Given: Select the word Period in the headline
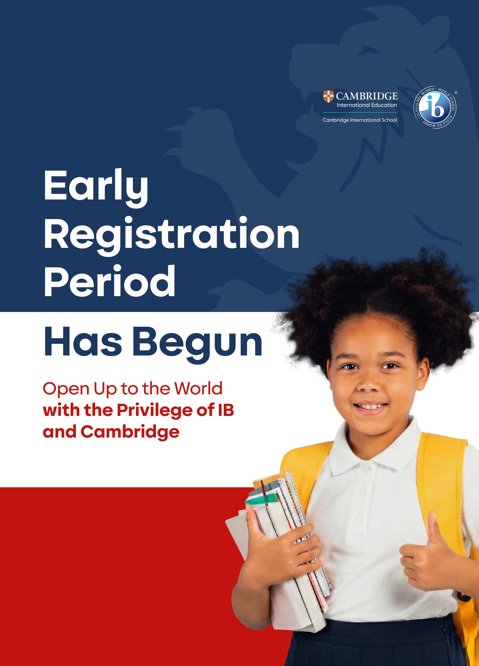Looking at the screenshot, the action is (109, 281).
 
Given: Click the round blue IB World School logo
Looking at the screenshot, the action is (435, 108).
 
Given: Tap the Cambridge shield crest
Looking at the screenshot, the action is (329, 97).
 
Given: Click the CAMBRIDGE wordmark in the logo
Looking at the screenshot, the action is (367, 96).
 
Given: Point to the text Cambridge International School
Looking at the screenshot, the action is (360, 120).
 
